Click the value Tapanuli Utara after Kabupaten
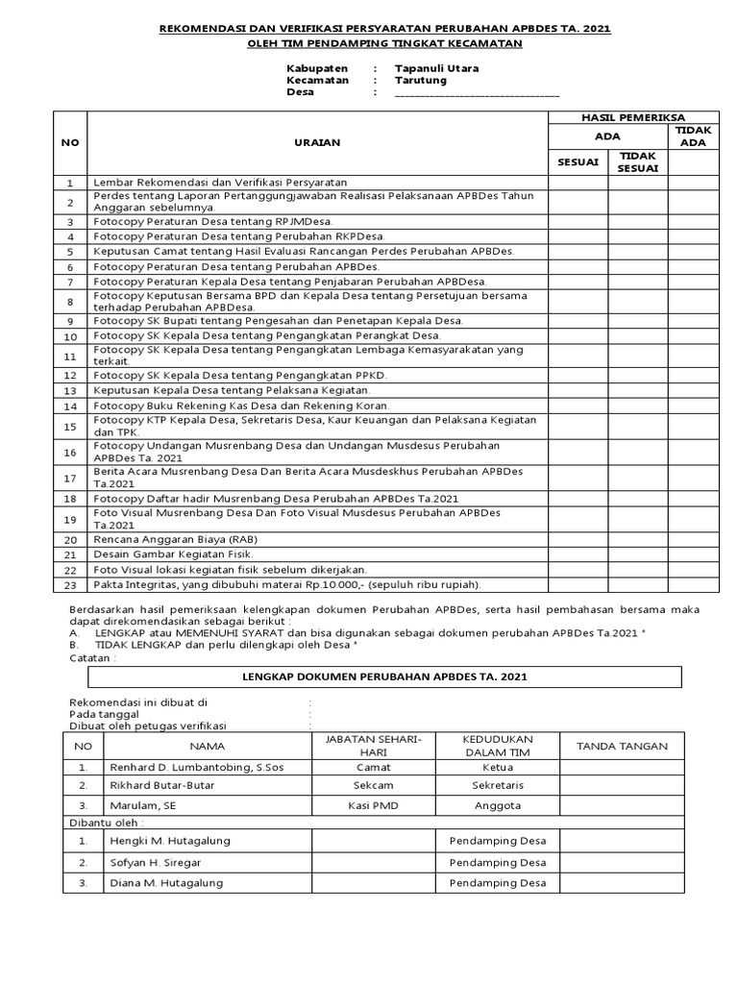pos(436,69)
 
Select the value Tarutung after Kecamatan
pos(420,81)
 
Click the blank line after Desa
pos(477,93)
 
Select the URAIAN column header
pos(316,142)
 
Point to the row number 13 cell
pos(69,391)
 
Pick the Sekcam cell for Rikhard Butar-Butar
pos(373,785)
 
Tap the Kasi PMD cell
pos(373,805)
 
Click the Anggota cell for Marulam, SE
pos(497,805)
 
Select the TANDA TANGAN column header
pos(622,746)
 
